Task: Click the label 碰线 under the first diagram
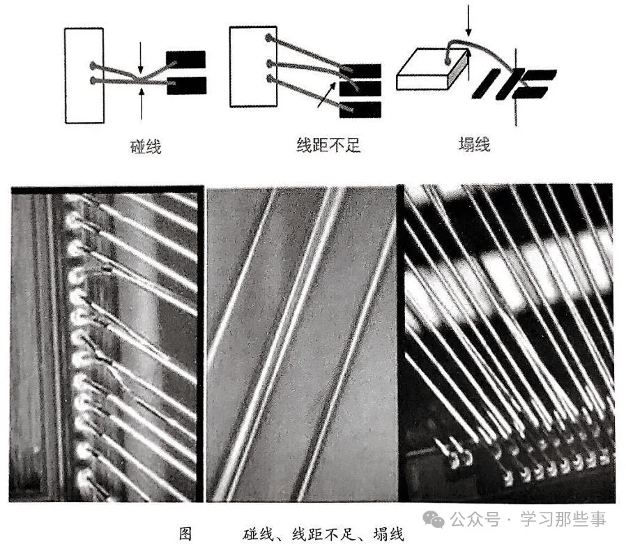pos(146,146)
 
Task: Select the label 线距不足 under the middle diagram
pos(328,145)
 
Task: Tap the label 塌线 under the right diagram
pos(474,144)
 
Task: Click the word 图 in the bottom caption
pos(185,534)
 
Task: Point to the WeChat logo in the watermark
pos(434,518)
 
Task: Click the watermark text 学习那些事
pos(563,519)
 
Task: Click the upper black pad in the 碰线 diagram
pos(185,60)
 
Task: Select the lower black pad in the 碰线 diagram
pos(186,86)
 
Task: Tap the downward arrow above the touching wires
pos(140,57)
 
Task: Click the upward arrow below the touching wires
pos(142,104)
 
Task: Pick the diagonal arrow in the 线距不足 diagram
pos(326,95)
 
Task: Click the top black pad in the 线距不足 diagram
pos(360,70)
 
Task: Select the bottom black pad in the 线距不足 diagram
pos(360,109)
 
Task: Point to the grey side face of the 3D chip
pos(458,69)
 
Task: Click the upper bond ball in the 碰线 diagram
pos(93,65)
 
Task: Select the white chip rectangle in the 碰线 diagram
pos(84,75)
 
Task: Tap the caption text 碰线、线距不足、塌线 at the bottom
pos(323,534)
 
